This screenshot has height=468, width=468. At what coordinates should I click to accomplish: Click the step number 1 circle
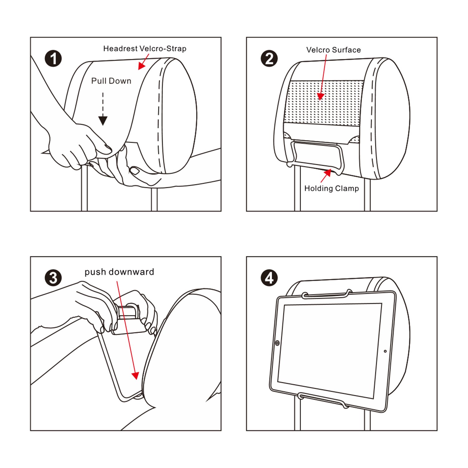tap(53, 59)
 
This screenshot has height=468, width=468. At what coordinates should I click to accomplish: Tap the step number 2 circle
tap(269, 59)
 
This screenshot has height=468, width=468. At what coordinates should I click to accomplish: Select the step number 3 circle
tap(53, 278)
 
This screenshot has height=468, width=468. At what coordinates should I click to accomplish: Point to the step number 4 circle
tap(269, 278)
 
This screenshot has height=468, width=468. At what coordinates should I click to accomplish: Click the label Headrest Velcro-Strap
tap(145, 49)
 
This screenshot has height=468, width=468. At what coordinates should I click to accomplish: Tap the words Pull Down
tap(111, 81)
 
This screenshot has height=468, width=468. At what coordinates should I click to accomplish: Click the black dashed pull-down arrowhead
tap(103, 120)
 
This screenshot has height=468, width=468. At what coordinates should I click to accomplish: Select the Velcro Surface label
tap(333, 50)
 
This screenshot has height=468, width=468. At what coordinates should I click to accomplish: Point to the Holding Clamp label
tap(331, 188)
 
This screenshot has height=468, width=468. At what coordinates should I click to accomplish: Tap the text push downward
tap(119, 272)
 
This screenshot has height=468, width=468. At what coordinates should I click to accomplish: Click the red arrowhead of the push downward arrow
tap(135, 375)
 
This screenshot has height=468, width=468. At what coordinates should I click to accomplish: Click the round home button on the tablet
tap(277, 343)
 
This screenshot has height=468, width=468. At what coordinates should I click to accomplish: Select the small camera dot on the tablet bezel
tap(385, 351)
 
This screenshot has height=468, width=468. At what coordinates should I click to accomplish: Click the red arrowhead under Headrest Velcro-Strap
tap(142, 66)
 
